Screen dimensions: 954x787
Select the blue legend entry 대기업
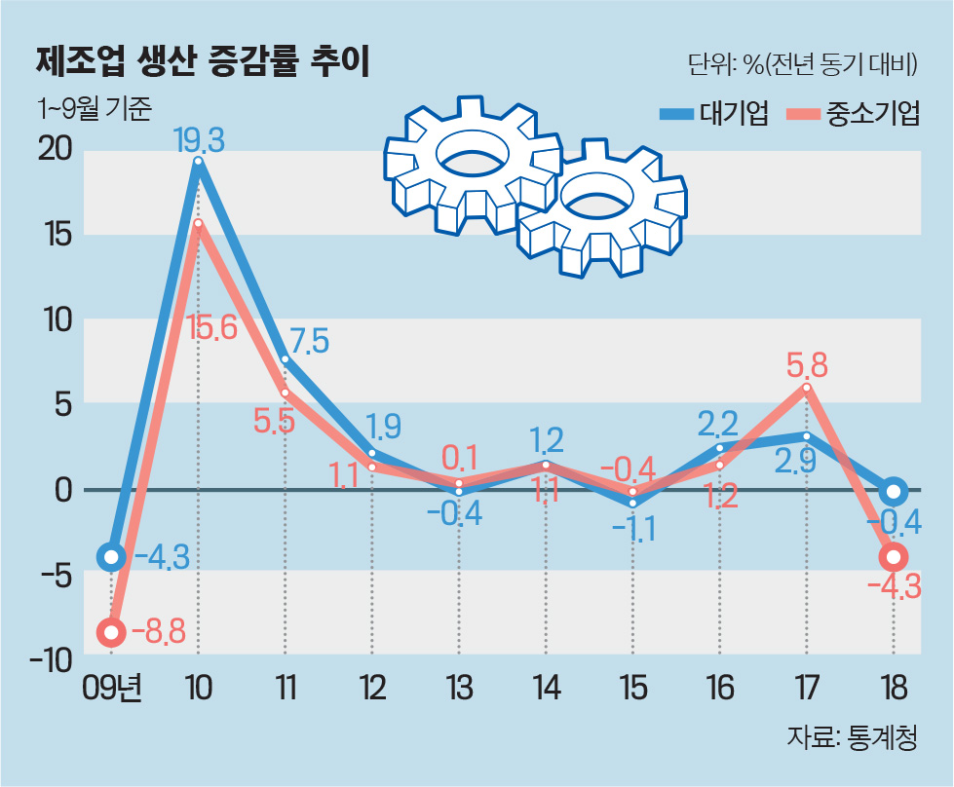pos(715,113)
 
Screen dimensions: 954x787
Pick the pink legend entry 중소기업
pos(853,113)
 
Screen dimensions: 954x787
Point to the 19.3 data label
pos(199,140)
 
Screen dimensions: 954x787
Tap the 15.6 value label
pos(211,328)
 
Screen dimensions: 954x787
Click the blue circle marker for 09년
pos(111,556)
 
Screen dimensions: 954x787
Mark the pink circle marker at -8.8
pos(111,632)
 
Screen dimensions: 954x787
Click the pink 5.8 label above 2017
pos(807,365)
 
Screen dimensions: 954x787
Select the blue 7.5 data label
pos(309,341)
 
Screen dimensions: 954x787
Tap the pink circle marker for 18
pos(894,556)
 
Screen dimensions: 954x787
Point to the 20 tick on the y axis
pos(55,149)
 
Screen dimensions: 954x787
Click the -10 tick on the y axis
pos(51,660)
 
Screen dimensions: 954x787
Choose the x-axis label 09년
pos(112,688)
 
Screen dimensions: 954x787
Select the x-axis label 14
pos(546,688)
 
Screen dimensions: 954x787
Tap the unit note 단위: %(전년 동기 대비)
pos(802,64)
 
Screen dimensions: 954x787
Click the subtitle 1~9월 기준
pos(94,108)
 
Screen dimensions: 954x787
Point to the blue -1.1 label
pos(633,529)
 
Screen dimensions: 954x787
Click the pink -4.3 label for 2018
pos(894,587)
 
